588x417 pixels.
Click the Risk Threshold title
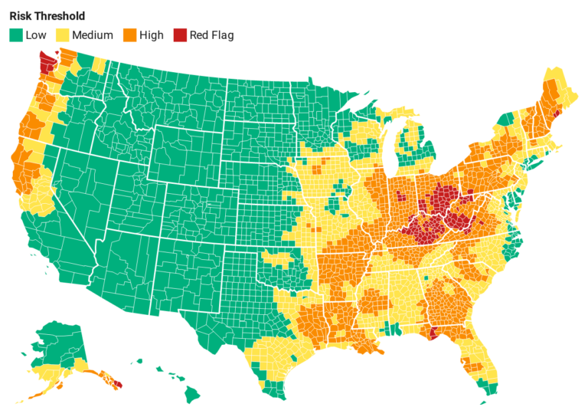pos(47,15)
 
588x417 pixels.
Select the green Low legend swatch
pos(15,34)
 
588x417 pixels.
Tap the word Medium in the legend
pos(92,34)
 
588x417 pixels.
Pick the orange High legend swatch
pos(131,34)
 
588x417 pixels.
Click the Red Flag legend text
pos(212,34)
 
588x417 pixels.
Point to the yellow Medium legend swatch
pos(62,34)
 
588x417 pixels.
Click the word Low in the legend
pos(35,34)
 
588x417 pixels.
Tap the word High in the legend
pos(152,34)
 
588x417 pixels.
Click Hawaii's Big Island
pos(191,395)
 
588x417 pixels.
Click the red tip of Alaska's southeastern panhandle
pos(118,384)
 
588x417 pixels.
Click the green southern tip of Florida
pos(483,391)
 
